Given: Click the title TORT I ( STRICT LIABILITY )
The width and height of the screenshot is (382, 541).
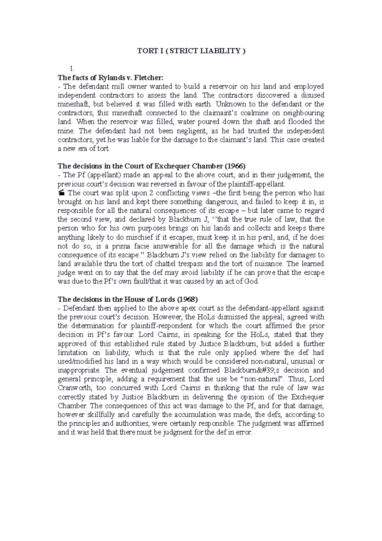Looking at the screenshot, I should click(191, 51).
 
